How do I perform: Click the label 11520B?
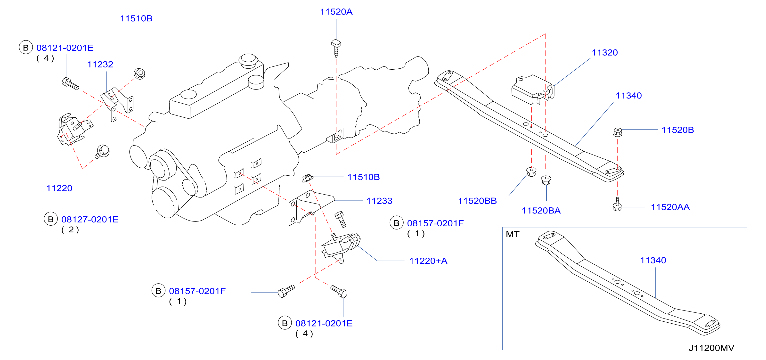[x=677, y=130]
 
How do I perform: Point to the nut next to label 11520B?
[x=618, y=132]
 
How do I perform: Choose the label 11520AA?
[x=670, y=207]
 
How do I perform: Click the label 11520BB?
[x=477, y=201]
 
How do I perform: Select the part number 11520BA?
[x=541, y=211]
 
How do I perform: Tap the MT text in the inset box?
[x=512, y=234]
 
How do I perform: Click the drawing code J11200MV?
[x=711, y=348]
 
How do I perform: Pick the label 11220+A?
[x=428, y=261]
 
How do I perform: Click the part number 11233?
[x=379, y=201]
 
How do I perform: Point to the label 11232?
[x=100, y=65]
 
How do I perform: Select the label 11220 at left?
[x=59, y=188]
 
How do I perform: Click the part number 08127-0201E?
[x=90, y=219]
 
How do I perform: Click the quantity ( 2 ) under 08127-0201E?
[x=70, y=229]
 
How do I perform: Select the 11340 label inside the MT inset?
[x=653, y=260]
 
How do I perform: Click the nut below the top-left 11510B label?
[x=139, y=74]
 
